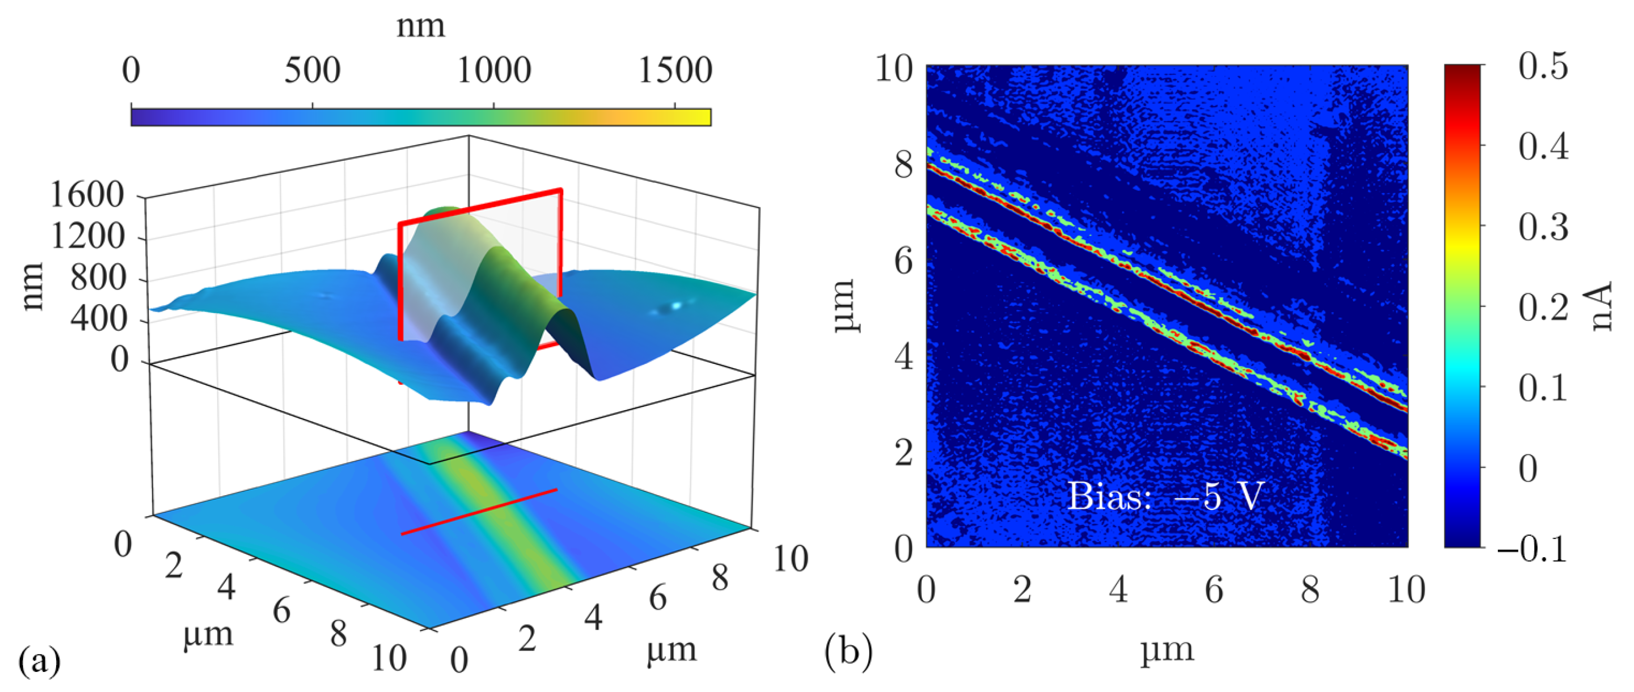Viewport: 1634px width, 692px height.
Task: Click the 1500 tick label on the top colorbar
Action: [x=675, y=70]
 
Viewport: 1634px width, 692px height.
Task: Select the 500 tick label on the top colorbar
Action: [x=312, y=70]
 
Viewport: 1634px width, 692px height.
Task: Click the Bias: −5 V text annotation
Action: [x=1166, y=496]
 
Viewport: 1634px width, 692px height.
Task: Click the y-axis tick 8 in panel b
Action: [x=903, y=165]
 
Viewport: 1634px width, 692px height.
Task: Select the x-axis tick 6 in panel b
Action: [x=1214, y=590]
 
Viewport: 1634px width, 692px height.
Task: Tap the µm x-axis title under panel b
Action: [x=1167, y=650]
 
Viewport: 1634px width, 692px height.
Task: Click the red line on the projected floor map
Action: [x=479, y=512]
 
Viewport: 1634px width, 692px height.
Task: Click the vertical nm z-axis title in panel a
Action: [x=32, y=286]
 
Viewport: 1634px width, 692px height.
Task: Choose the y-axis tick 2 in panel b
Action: [x=903, y=453]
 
